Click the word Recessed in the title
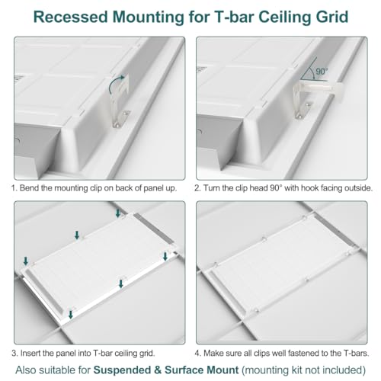click(x=71, y=17)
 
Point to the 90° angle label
click(x=322, y=72)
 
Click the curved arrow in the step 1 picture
click(x=115, y=82)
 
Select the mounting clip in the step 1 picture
click(x=120, y=101)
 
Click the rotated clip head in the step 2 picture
click(x=319, y=90)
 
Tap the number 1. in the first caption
click(x=14, y=188)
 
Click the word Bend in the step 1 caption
click(x=29, y=188)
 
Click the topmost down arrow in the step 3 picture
click(x=118, y=213)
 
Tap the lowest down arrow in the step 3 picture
click(x=71, y=315)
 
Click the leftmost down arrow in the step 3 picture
click(x=26, y=261)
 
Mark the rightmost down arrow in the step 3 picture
click(x=165, y=256)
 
